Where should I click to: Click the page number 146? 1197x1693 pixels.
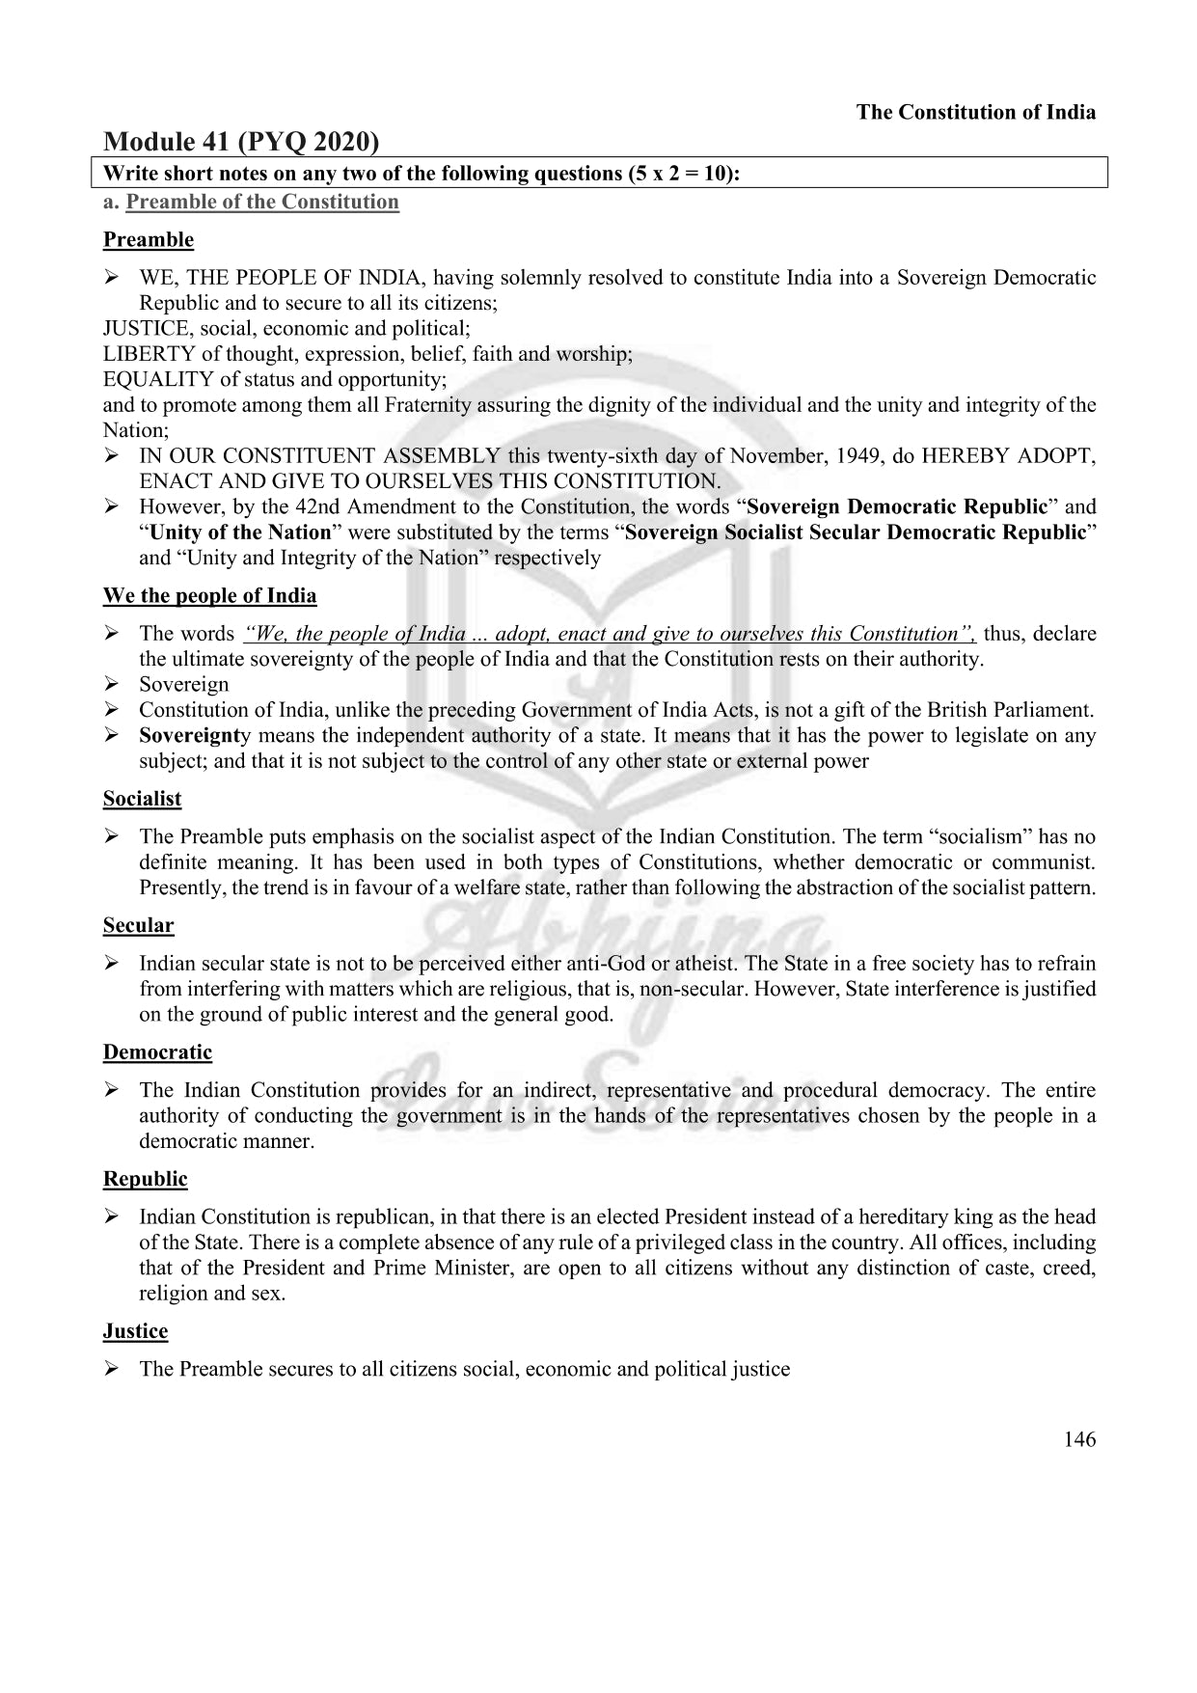pyautogui.click(x=1079, y=1439)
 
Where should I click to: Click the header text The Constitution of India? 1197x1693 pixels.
pyautogui.click(x=975, y=112)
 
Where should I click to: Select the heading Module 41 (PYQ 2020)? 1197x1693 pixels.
pyautogui.click(x=240, y=142)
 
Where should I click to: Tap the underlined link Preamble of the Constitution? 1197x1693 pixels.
pyautogui.click(x=261, y=202)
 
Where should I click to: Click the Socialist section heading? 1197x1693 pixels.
pyautogui.click(x=142, y=799)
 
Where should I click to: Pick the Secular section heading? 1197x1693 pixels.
pyautogui.click(x=138, y=925)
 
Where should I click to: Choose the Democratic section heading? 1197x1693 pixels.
pyautogui.click(x=157, y=1051)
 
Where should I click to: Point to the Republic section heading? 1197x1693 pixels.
pyautogui.click(x=145, y=1178)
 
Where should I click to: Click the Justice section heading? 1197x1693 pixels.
pyautogui.click(x=135, y=1330)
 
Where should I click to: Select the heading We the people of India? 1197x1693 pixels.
pyautogui.click(x=209, y=595)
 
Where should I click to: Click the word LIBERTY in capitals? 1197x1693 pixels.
pyautogui.click(x=149, y=354)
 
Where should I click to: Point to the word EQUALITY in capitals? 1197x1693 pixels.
pyautogui.click(x=158, y=379)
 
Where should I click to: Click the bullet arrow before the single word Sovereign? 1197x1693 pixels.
pyautogui.click(x=112, y=684)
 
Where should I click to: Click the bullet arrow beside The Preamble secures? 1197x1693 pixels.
pyautogui.click(x=112, y=1369)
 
